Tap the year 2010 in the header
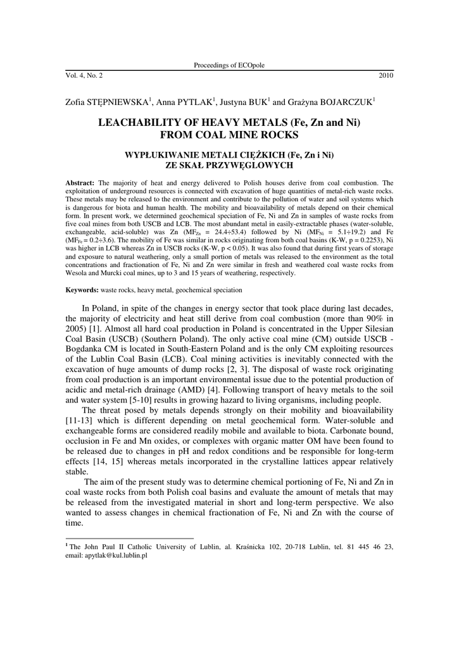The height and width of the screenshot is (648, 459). [x=386, y=75]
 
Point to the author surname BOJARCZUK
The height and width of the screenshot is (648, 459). [x=343, y=101]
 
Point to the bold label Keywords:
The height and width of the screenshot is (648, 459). [x=82, y=290]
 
